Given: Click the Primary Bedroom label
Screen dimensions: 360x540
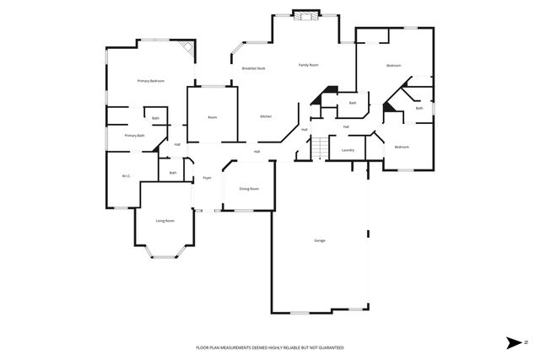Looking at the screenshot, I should tap(150, 81).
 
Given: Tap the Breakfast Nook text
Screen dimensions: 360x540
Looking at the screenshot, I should tap(254, 67).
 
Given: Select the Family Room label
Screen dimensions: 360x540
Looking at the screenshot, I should tap(308, 65).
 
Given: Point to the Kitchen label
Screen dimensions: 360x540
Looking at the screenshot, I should tap(266, 116).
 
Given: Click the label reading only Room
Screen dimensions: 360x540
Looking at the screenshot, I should tap(213, 117).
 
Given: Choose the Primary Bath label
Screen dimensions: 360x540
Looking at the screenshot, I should tap(135, 136).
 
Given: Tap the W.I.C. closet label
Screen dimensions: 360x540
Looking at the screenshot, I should tap(126, 176).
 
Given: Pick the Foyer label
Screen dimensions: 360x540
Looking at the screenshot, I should tap(206, 178).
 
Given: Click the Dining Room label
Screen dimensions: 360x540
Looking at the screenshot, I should tap(249, 189).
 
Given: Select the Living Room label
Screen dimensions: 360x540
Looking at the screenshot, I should tap(165, 221).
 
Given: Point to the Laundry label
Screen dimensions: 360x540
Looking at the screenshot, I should tap(347, 151).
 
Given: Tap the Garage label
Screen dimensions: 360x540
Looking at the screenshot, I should tap(320, 241).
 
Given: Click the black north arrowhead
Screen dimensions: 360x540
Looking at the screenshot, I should tap(511, 342).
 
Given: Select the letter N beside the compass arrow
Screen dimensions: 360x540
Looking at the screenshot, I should tap(524, 342).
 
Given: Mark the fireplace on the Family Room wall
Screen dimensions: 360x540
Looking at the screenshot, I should tap(303, 13).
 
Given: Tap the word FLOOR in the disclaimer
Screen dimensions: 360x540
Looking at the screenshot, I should tap(203, 347).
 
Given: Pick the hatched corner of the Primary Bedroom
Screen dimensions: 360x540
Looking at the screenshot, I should tap(190, 51).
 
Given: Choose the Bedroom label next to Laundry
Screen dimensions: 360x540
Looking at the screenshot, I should tap(402, 148).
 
